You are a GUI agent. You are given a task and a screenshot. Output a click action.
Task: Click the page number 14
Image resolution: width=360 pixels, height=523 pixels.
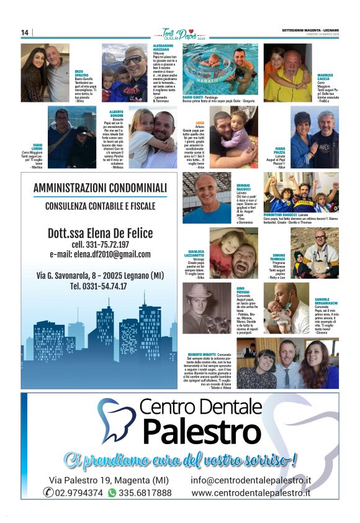pos(25,32)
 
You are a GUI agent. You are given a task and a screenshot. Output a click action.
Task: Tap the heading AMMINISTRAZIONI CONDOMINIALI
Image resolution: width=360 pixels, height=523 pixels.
pos(100,188)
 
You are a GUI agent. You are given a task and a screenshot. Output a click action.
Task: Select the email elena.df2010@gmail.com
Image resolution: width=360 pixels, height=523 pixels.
pos(100,255)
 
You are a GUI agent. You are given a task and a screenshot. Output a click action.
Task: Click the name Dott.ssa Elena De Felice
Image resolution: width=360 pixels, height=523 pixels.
pos(100,234)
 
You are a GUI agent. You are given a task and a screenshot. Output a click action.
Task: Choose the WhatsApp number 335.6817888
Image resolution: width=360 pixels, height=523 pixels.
pos(144,493)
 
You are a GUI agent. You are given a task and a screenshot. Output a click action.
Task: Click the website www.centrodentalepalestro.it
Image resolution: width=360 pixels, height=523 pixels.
pos(251,493)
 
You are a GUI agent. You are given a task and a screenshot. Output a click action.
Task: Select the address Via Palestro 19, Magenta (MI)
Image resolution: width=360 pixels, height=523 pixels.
pos(109,480)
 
